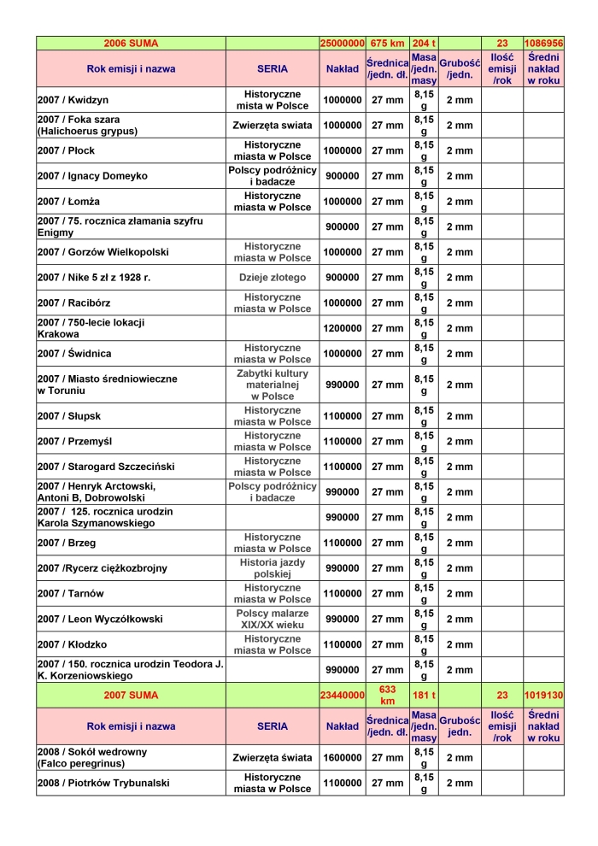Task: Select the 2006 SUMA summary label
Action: click(131, 43)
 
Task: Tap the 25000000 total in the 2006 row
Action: click(342, 43)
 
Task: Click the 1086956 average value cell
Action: click(544, 43)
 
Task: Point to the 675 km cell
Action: click(387, 43)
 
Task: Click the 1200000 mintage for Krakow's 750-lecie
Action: click(342, 328)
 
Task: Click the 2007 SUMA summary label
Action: click(131, 695)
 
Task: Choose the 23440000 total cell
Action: click(342, 695)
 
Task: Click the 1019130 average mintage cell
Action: click(544, 695)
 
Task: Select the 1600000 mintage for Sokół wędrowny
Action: click(342, 758)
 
